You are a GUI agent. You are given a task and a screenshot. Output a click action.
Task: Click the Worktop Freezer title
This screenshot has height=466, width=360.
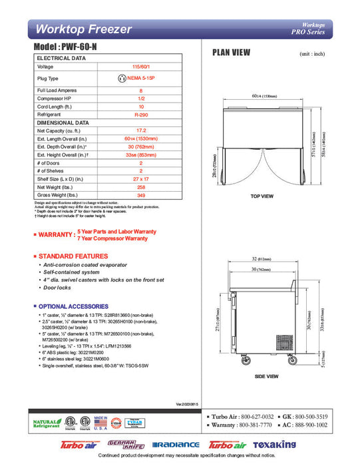[x=84, y=29]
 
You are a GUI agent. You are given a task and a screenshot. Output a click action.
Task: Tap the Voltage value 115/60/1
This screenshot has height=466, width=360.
[x=141, y=67]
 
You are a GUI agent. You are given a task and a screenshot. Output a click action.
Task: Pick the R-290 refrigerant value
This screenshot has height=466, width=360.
[x=141, y=115]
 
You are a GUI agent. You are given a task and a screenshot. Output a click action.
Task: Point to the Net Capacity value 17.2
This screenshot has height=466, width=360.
[x=141, y=130]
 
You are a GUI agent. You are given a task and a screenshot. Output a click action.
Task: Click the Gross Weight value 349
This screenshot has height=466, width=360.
[x=141, y=195]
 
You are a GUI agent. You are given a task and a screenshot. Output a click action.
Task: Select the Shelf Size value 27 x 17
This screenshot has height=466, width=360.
[x=141, y=179]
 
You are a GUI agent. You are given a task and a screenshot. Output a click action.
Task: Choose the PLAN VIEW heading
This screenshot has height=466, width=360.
[x=231, y=52]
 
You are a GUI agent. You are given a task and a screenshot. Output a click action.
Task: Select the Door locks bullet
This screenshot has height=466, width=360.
[x=56, y=288]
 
